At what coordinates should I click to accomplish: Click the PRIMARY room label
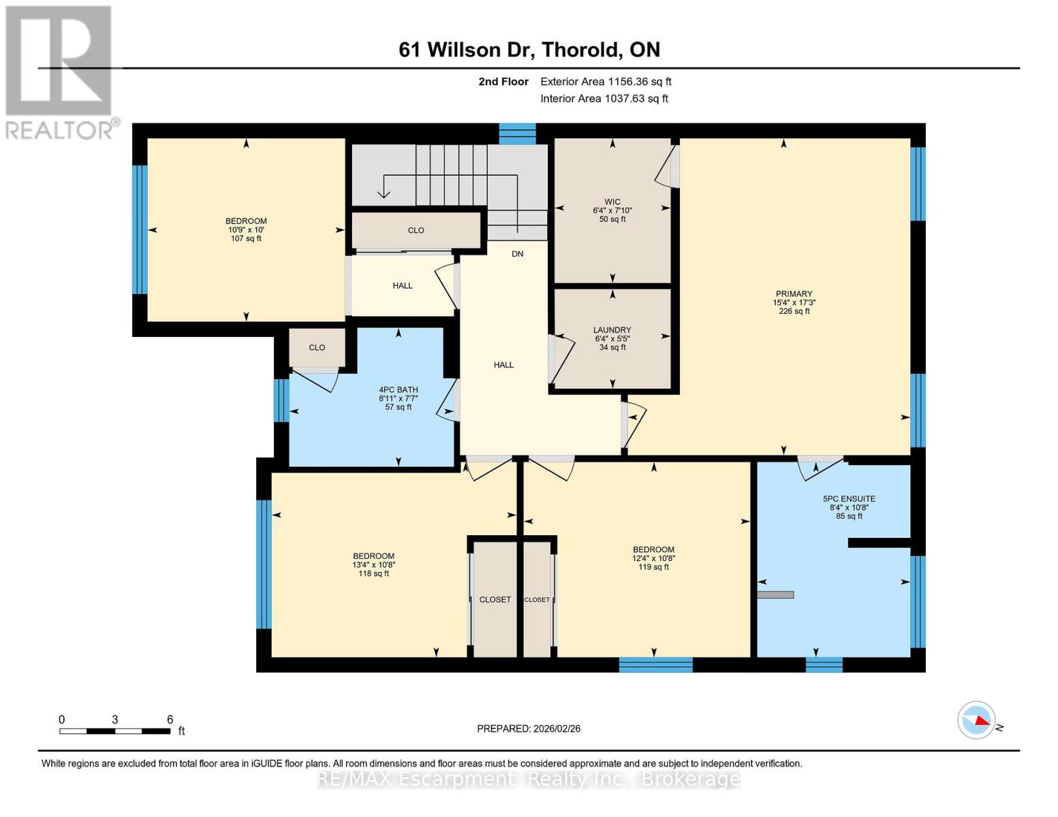click(x=794, y=302)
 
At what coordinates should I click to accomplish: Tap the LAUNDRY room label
click(x=612, y=338)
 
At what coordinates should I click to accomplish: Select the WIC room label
click(x=612, y=210)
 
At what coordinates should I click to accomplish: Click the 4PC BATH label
click(x=399, y=398)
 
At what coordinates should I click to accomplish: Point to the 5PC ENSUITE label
click(x=849, y=507)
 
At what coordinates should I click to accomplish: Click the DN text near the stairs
click(x=518, y=254)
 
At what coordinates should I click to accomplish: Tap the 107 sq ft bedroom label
click(x=246, y=229)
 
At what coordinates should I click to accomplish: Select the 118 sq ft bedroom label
click(x=373, y=564)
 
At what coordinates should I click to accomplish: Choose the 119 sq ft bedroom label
click(x=653, y=558)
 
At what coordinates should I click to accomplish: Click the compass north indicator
click(x=976, y=720)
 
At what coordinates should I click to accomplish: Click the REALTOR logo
click(x=60, y=71)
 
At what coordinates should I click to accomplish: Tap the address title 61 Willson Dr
click(x=529, y=50)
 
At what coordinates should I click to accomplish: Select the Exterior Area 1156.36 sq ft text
click(x=606, y=82)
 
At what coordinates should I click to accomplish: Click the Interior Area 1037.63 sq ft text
click(x=604, y=99)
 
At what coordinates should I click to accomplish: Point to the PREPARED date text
click(x=529, y=728)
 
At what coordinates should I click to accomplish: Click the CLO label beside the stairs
click(x=416, y=230)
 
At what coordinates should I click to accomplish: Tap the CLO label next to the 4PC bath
click(x=317, y=347)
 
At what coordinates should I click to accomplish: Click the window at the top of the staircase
click(x=517, y=133)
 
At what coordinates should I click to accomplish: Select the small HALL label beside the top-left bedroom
click(x=402, y=286)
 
